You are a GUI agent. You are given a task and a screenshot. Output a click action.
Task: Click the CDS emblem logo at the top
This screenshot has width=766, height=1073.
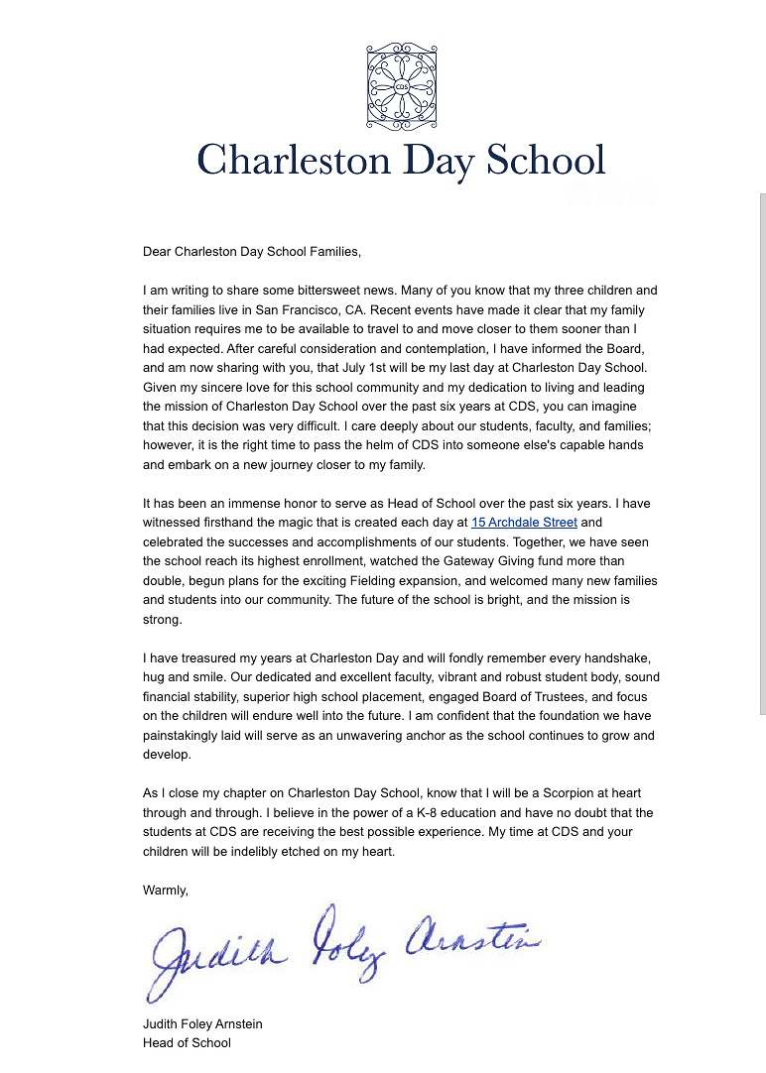401,86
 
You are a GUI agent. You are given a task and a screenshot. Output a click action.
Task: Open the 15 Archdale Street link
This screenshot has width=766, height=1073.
524,522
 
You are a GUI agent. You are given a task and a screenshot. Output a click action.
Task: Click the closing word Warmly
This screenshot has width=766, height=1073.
165,891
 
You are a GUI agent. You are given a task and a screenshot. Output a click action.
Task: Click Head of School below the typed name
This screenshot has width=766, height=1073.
187,1042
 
